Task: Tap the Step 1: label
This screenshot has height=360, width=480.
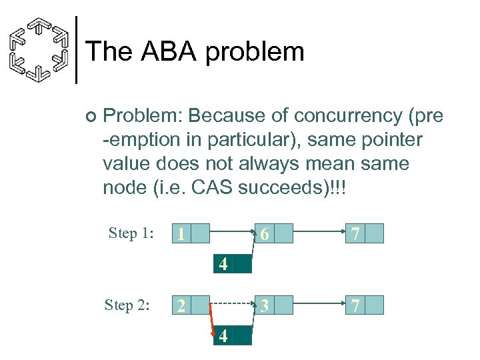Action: (131, 233)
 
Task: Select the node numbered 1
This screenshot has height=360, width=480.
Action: (191, 233)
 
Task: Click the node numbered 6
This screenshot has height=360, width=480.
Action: (273, 233)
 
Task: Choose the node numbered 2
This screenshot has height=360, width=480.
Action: (191, 305)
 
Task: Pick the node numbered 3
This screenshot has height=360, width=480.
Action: (273, 305)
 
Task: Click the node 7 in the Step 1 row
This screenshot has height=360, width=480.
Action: (365, 233)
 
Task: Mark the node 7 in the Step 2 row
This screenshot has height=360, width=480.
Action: (365, 305)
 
